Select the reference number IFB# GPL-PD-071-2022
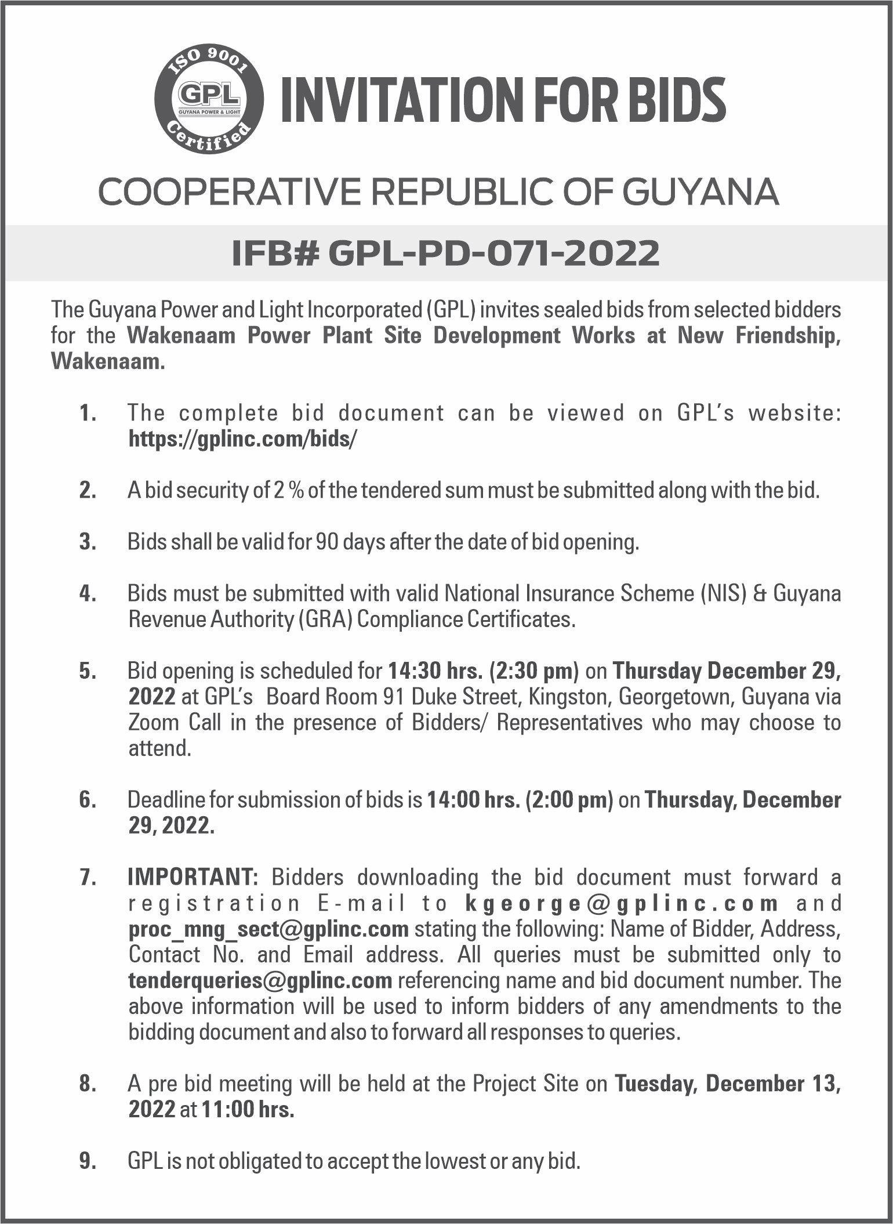[445, 253]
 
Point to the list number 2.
[87, 491]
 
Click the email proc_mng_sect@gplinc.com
[268, 929]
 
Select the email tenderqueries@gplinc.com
[260, 980]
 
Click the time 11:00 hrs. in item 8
[248, 1109]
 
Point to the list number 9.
[87, 1161]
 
